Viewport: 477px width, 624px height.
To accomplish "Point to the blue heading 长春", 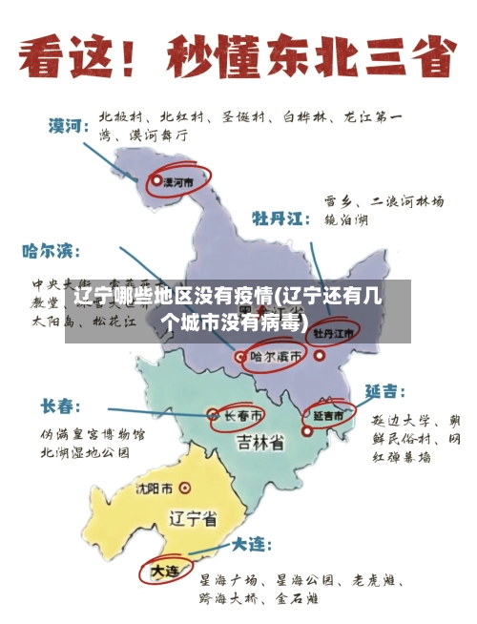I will click(59, 406).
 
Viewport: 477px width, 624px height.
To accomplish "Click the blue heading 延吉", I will click(384, 391).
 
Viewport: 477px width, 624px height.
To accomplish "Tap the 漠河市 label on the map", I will click(178, 179).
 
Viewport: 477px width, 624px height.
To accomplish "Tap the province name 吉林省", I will click(260, 443).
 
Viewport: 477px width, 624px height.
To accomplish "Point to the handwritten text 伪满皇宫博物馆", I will click(92, 434).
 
